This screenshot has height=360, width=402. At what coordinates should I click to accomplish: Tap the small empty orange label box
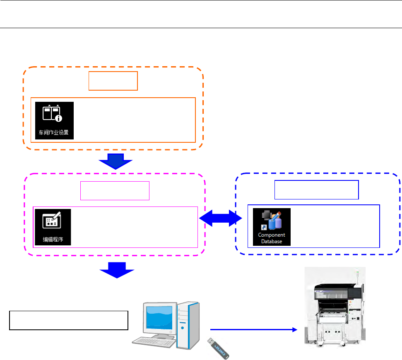[x=113, y=81]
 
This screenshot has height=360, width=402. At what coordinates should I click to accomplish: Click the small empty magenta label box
[x=115, y=190]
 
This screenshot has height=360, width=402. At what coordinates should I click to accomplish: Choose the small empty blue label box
[x=317, y=190]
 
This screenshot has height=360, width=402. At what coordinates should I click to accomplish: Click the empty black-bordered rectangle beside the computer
[x=68, y=320]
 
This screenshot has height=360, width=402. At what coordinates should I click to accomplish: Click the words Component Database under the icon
[x=272, y=238]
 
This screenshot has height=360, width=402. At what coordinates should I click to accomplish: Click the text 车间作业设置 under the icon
[x=54, y=134]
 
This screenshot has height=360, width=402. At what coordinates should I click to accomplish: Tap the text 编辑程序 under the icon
[x=53, y=239]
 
